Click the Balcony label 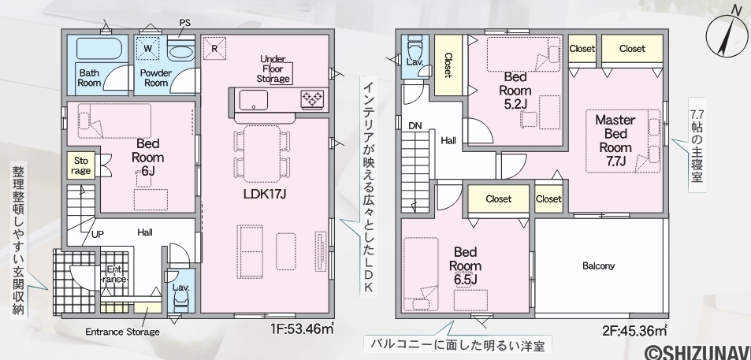(599, 265)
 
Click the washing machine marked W (148, 48)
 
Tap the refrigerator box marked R (214, 48)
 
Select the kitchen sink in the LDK (254, 100)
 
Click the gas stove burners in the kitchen (312, 99)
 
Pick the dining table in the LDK (262, 153)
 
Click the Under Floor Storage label (273, 69)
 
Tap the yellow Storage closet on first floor (81, 165)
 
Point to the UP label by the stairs (98, 234)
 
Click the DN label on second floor (415, 126)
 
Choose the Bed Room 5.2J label (515, 91)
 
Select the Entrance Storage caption (122, 332)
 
